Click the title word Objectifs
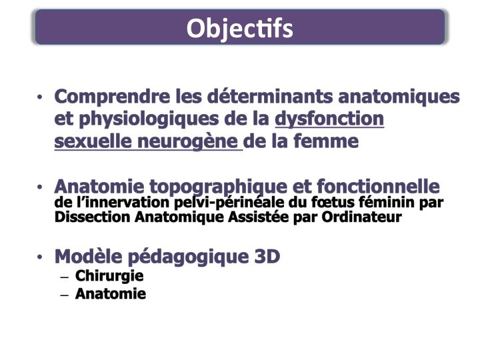click(240, 29)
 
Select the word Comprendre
click(112, 97)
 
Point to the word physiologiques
click(149, 120)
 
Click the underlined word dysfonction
click(329, 119)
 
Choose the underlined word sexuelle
click(93, 141)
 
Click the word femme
click(326, 141)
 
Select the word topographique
click(218, 187)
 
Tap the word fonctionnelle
click(378, 186)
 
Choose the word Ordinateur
click(361, 217)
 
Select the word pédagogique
click(188, 257)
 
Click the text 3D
click(267, 257)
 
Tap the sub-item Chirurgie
click(109, 276)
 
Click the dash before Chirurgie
click(65, 277)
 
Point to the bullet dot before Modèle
click(39, 257)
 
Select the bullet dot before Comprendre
click(39, 97)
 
